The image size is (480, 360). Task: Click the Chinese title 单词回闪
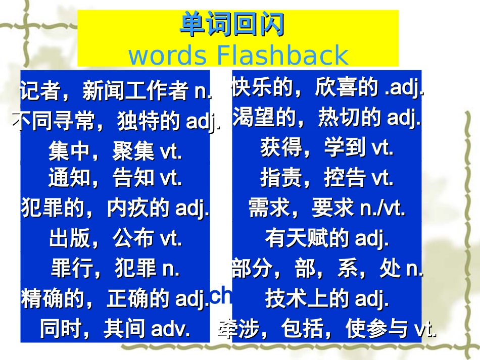(232, 25)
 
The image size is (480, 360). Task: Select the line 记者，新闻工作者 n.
(116, 91)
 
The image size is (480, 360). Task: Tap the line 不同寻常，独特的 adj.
(116, 122)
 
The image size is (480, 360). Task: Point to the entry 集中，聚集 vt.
(116, 151)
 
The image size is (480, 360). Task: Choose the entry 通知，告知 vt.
(116, 178)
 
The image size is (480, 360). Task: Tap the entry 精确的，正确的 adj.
(116, 299)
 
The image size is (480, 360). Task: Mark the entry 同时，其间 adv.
(116, 329)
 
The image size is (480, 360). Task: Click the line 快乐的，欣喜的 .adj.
(327, 89)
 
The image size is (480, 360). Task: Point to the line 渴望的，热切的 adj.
(327, 118)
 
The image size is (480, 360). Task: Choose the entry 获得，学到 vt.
(327, 148)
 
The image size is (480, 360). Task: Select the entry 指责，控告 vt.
(327, 178)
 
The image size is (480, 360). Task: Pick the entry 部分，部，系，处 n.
(327, 269)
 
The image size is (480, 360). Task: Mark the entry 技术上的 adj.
(327, 299)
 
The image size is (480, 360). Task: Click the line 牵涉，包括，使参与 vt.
(327, 330)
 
